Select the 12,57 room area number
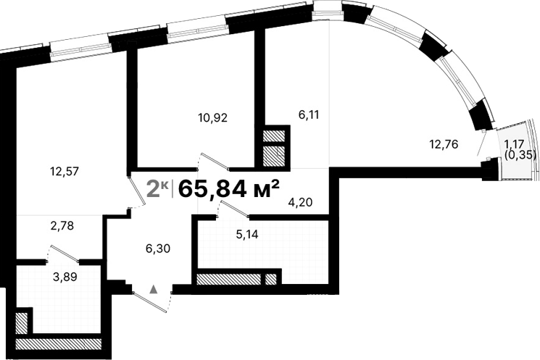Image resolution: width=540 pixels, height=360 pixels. click(x=64, y=172)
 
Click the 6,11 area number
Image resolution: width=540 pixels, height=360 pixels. click(x=309, y=114)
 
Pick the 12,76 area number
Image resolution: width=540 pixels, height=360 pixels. click(x=444, y=143)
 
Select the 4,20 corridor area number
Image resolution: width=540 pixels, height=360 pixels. click(x=300, y=202)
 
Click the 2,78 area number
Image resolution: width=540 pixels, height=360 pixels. click(x=62, y=226)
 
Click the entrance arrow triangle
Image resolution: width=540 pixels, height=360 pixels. click(x=154, y=288)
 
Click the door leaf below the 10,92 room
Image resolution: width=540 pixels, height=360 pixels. click(x=216, y=160)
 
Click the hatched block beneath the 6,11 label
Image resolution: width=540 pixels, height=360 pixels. click(x=274, y=146)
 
